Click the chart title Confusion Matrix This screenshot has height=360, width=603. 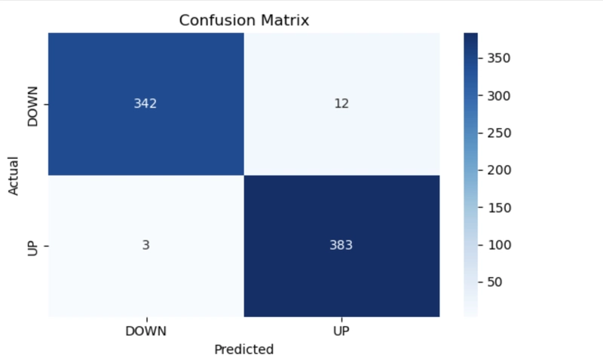tap(244, 20)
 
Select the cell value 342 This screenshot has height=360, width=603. tap(145, 103)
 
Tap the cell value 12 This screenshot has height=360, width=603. tap(341, 103)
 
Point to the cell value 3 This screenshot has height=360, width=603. tap(145, 245)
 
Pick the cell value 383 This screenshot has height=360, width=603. tap(341, 245)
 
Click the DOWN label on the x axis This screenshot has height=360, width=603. tap(145, 331)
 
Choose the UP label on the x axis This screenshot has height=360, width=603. tap(341, 331)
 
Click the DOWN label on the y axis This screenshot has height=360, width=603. tap(33, 106)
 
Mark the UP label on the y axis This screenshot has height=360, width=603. tap(33, 249)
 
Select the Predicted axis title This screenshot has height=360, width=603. tap(243, 349)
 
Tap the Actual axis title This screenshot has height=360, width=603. tap(13, 176)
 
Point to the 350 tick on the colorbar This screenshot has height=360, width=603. tap(499, 58)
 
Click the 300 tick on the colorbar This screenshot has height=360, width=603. tap(499, 96)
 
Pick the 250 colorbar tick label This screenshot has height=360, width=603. tap(499, 133)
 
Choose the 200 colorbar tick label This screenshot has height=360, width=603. tap(499, 169)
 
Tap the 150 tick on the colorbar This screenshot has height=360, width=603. tap(500, 208)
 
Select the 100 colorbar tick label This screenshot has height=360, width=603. tap(500, 245)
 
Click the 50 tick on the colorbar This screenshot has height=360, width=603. tap(494, 282)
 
